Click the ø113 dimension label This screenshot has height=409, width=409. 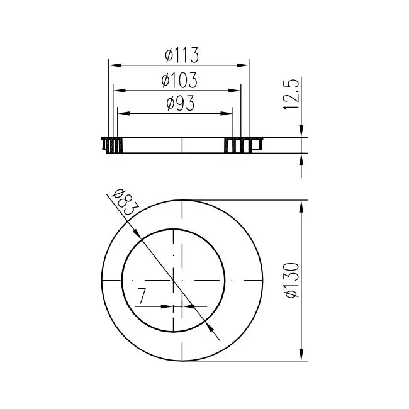pos(182,55)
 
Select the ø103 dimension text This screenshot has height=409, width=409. pos(179,80)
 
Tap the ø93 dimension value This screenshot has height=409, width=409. pos(181,103)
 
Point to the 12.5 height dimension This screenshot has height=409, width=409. pos(291,94)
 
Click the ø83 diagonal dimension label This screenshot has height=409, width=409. pos(125,202)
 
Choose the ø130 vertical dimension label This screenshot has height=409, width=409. pos(292,280)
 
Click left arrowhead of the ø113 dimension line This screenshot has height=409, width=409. pos(115,65)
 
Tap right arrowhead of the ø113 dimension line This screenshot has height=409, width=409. pos(243,65)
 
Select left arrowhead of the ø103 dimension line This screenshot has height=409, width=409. pos(120,91)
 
